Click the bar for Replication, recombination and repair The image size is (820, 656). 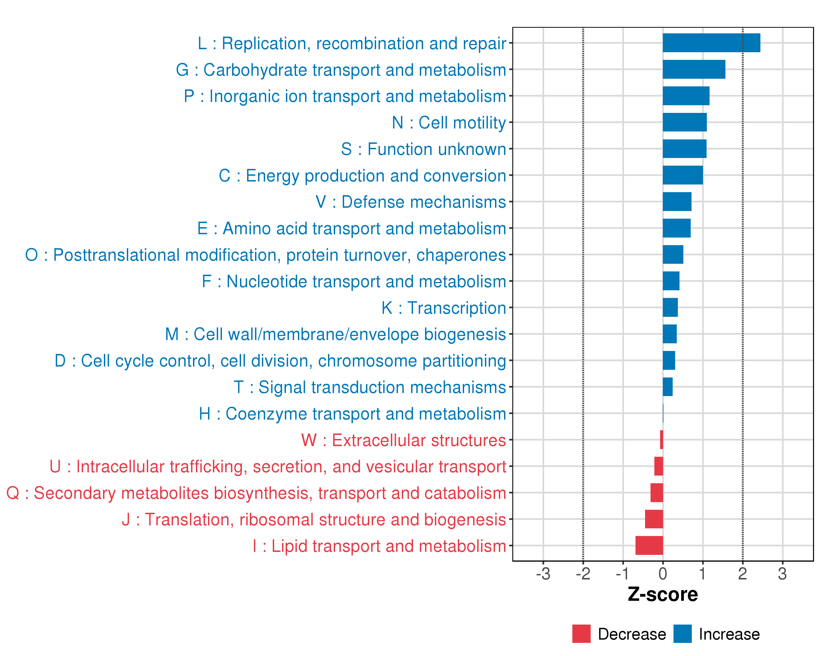click(x=711, y=43)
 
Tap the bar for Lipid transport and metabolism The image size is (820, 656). click(x=649, y=545)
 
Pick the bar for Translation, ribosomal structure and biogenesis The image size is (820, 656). click(x=654, y=519)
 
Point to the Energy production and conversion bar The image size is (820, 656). click(x=683, y=175)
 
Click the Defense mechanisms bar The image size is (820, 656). click(x=677, y=201)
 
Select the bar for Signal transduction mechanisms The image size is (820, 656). click(x=667, y=387)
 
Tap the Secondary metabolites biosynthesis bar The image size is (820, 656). click(x=657, y=493)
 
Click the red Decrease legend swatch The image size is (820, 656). click(x=581, y=634)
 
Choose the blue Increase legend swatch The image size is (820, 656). click(x=682, y=634)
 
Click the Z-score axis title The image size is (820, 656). click(x=663, y=594)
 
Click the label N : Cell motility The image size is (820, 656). click(x=449, y=123)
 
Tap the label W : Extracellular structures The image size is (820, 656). click(x=403, y=440)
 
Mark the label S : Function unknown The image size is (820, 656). click(x=423, y=149)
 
